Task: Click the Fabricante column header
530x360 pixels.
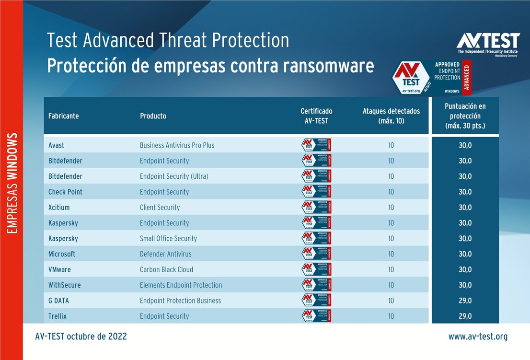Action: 63,116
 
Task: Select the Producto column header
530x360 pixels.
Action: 153,116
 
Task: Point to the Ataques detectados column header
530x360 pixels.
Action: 391,116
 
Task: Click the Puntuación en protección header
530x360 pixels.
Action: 465,116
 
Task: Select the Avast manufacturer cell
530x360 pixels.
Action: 56,145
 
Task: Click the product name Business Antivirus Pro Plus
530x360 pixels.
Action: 177,145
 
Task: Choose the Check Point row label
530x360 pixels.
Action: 65,192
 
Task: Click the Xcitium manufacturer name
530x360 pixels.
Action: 60,208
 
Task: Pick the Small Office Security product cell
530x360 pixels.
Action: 168,239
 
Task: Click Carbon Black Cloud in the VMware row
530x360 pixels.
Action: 166,269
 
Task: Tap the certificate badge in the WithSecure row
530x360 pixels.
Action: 316,285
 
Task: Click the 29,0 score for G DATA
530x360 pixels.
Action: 465,301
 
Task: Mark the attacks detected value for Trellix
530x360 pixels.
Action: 391,316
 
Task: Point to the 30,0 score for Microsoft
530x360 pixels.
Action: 465,254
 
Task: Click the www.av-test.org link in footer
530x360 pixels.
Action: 477,337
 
